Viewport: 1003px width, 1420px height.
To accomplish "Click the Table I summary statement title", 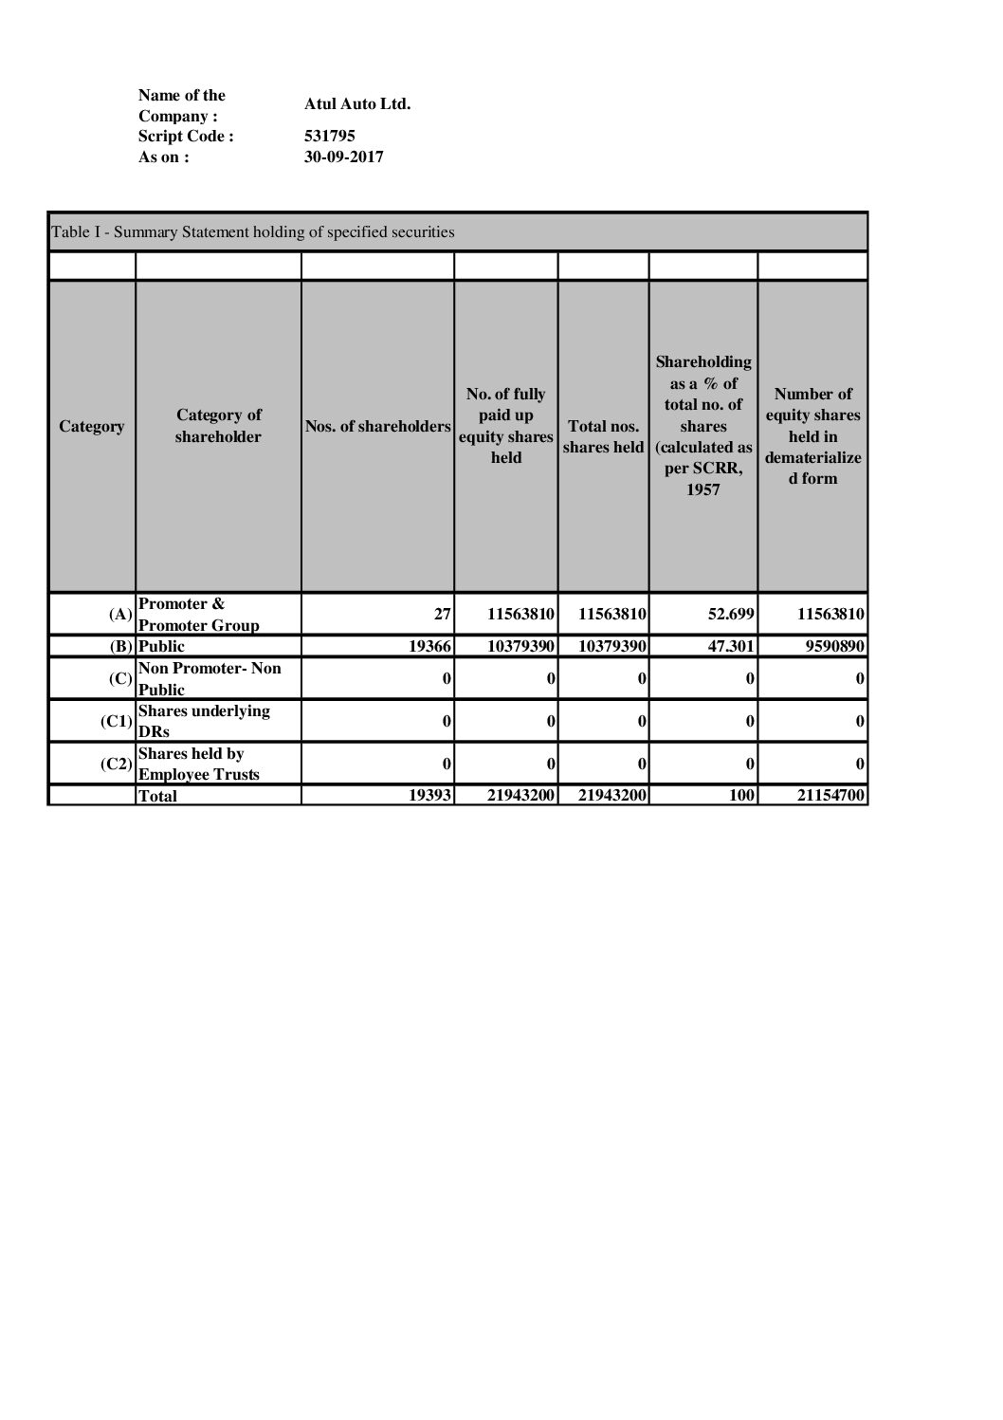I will click(253, 231).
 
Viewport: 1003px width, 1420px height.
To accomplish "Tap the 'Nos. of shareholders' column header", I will click(377, 427).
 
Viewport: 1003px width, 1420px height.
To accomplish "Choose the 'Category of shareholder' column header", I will click(218, 426).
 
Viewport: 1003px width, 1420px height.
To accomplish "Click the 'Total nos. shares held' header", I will click(603, 436).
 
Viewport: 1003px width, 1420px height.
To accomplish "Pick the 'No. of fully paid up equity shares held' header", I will click(505, 425).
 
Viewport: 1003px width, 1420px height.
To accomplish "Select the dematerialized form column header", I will click(812, 435).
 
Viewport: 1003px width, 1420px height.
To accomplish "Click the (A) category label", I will click(120, 614).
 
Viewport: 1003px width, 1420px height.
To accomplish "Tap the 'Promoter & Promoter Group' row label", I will click(198, 614).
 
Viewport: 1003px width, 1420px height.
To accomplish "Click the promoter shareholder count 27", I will click(443, 614).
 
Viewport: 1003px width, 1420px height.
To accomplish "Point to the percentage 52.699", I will click(731, 614).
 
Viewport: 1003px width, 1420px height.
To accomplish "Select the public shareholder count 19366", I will click(429, 646).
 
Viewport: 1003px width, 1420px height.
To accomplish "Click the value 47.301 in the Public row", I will click(731, 646).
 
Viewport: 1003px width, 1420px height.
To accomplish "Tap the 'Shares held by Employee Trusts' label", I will click(198, 764).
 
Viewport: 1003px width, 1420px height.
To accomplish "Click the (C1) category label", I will click(117, 721).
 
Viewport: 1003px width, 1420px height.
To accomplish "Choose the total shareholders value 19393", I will click(429, 795).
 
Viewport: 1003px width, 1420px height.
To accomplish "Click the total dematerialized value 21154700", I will click(830, 795).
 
